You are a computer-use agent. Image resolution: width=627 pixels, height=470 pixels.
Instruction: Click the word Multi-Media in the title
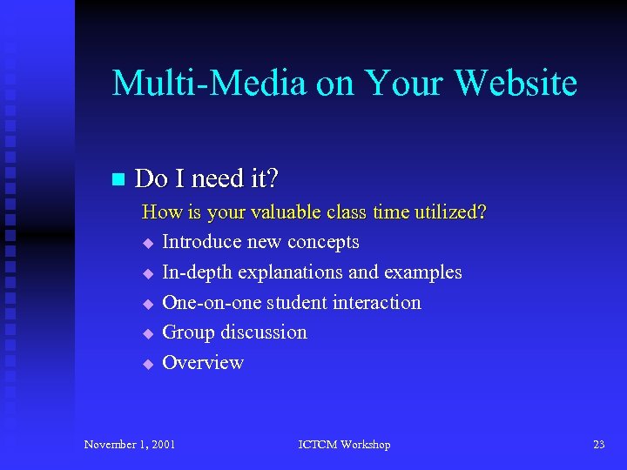coord(209,83)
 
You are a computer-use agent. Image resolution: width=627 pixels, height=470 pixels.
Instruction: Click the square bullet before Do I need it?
coord(118,179)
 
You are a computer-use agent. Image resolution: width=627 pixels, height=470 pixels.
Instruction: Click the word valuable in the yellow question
coord(283,212)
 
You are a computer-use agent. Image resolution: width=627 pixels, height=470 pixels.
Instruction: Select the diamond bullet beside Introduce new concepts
coord(148,243)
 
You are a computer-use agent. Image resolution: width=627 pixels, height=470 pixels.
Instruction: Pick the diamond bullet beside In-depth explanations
coord(148,273)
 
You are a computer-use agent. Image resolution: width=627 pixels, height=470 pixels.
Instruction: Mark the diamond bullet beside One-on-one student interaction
coord(148,304)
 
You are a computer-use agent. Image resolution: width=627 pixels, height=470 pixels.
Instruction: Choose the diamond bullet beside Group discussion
coord(148,333)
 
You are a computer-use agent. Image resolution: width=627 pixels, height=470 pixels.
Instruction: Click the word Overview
coord(203,363)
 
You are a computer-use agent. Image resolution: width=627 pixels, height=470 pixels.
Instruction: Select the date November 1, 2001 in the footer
coord(130,445)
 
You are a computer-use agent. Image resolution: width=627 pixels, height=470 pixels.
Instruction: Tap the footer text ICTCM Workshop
coord(344,445)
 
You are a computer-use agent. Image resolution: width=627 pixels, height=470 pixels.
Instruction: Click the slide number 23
coord(598,445)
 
